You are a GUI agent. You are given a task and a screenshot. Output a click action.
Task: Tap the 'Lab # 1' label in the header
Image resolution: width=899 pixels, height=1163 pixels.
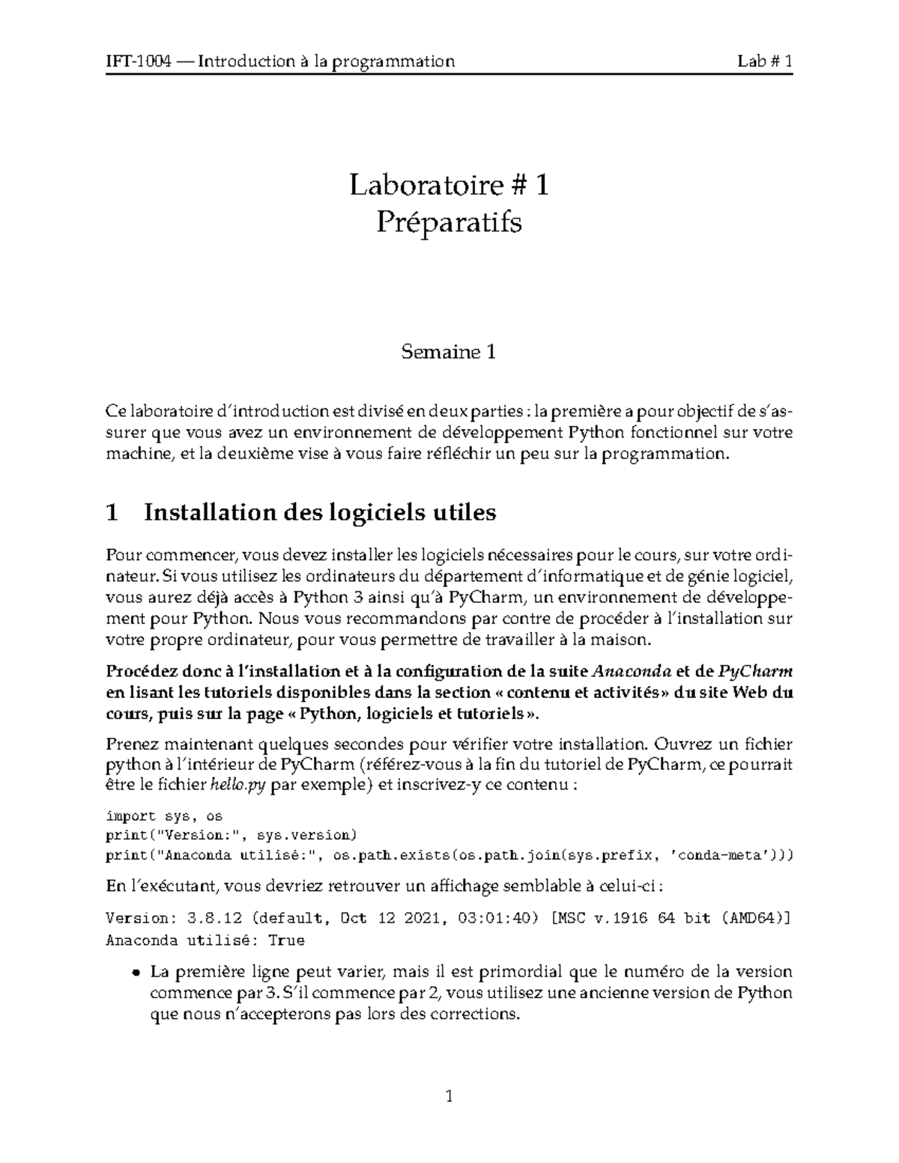[x=764, y=61]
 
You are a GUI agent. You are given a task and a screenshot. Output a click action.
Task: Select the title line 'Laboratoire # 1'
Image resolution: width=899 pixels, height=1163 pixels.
[x=449, y=185]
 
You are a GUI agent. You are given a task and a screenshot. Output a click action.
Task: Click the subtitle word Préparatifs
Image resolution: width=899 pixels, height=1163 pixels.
[x=449, y=222]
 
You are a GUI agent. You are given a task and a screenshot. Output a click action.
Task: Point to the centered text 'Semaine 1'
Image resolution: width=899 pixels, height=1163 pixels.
[x=449, y=351]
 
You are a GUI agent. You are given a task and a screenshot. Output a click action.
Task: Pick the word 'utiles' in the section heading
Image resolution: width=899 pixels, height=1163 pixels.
[x=465, y=513]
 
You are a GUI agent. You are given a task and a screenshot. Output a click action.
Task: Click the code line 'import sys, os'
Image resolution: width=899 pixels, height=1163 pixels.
[x=164, y=816]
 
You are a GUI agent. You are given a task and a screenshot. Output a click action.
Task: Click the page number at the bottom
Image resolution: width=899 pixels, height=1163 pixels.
[x=449, y=1098]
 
